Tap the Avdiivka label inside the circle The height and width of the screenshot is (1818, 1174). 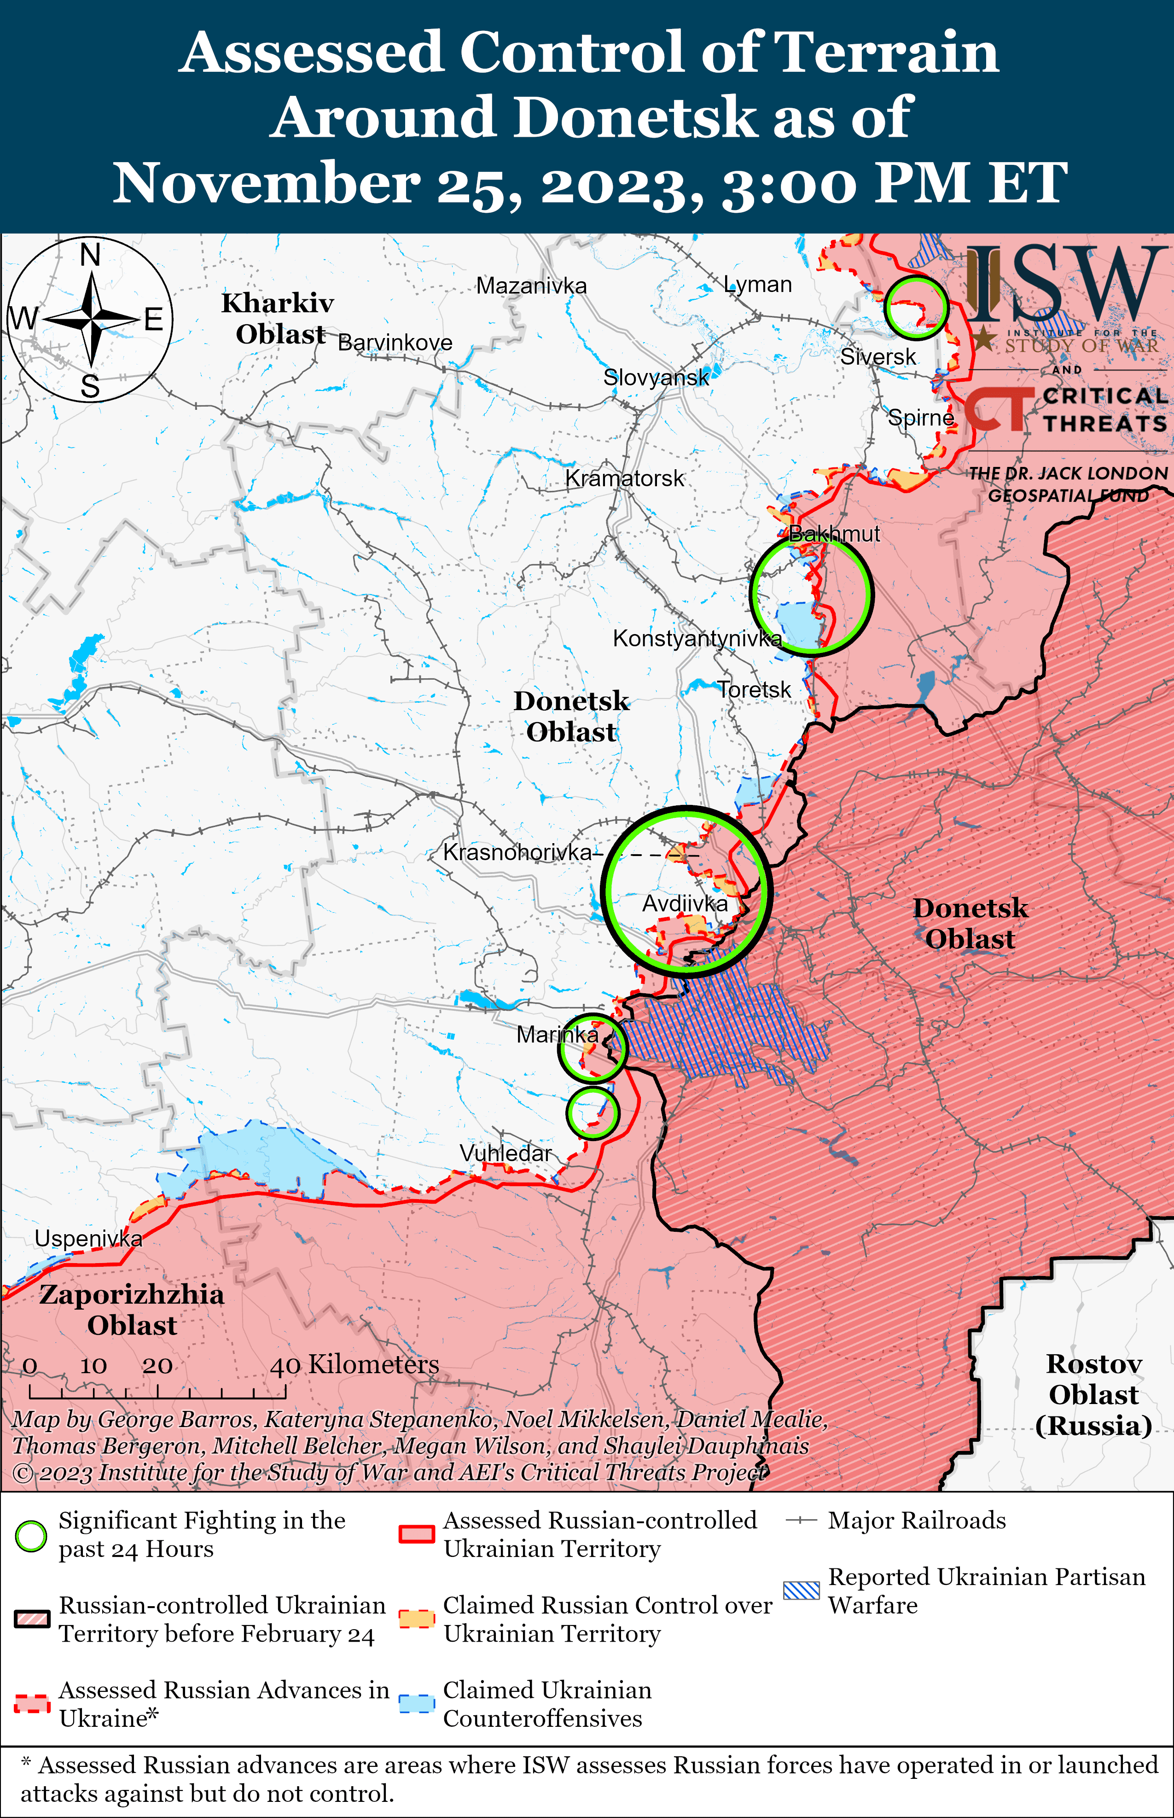point(685,903)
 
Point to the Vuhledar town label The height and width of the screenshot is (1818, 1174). point(506,1154)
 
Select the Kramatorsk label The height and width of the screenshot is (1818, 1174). point(624,479)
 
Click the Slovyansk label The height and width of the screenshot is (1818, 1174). point(656,377)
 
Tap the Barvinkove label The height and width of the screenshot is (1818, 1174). point(395,343)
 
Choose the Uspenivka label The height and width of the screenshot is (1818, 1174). point(88,1239)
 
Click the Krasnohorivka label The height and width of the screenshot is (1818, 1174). point(517,852)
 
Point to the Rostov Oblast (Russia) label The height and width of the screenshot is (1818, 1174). point(1093,1394)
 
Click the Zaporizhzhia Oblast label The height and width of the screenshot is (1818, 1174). point(132,1310)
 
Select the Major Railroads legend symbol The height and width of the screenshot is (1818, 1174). point(801,1521)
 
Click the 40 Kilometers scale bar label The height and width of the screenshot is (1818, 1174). point(355,1364)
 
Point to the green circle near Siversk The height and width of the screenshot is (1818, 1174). point(916,307)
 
